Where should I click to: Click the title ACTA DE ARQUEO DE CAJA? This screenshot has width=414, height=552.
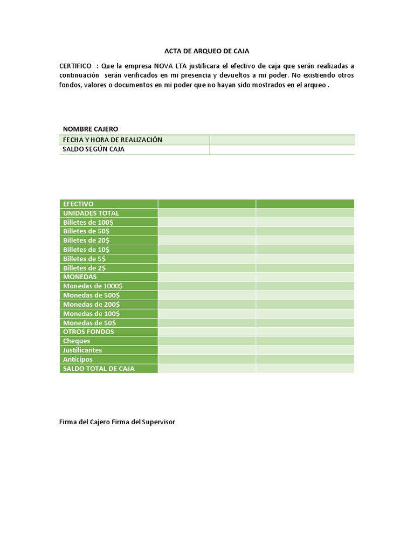coord(206,51)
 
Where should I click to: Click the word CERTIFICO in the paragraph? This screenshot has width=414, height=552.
coord(75,66)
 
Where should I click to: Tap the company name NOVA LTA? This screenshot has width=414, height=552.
coord(168,66)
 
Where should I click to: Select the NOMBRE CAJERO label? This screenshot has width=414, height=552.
coord(91,129)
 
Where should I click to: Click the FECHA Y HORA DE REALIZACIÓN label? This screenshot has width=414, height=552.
coord(113,140)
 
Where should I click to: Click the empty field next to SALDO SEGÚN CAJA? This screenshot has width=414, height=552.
coord(282,149)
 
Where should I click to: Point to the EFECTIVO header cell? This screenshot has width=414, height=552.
coord(78,204)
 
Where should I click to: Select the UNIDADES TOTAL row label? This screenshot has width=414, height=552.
coord(91,213)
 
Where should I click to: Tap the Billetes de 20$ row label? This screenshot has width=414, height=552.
coord(86,240)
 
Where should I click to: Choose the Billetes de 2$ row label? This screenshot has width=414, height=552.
coord(85,268)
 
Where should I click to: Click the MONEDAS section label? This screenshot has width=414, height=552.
coord(80,277)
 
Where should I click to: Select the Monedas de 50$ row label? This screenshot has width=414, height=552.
coord(89,322)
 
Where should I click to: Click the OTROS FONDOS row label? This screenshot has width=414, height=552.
coord(88,332)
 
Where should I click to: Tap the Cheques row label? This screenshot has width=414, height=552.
coord(77,341)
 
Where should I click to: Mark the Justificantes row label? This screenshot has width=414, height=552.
coord(82,350)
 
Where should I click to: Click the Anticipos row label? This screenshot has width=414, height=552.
coord(78,359)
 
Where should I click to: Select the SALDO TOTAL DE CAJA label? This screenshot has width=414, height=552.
coord(99,369)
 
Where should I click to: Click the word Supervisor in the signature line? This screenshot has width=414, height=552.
coord(157,422)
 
